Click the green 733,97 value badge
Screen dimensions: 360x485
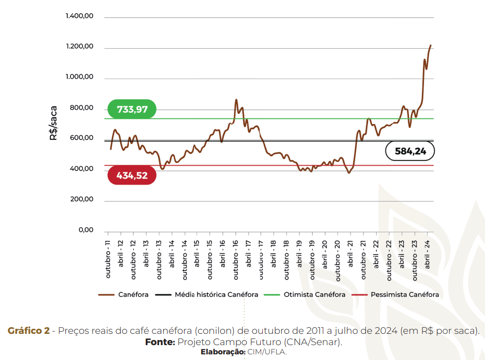click(131, 109)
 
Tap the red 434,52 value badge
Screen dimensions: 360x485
click(131, 175)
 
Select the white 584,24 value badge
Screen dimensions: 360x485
click(410, 151)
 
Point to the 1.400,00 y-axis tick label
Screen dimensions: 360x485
click(80, 16)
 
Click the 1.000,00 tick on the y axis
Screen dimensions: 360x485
click(80, 77)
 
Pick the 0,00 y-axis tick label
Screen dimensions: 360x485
click(86, 230)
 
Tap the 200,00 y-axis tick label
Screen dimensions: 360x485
click(81, 199)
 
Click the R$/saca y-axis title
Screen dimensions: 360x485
click(53, 123)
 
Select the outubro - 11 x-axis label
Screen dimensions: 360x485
click(108, 258)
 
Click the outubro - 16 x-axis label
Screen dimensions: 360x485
click(236, 258)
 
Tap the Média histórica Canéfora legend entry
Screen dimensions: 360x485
click(216, 295)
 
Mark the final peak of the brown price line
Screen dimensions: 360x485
click(430, 46)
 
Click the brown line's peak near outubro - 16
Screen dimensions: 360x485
click(236, 100)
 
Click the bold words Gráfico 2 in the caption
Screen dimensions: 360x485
click(29, 331)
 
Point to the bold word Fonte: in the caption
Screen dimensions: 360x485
click(160, 342)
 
